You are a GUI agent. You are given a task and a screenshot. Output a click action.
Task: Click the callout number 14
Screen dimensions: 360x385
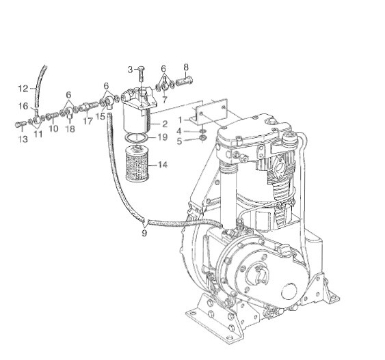pos(163,165)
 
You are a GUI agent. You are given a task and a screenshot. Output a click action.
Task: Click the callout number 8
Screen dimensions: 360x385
pos(185,67)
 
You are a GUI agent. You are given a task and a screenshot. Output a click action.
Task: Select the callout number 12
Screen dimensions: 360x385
pos(23,89)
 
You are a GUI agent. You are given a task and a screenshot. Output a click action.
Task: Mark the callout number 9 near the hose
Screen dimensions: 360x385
pos(144,233)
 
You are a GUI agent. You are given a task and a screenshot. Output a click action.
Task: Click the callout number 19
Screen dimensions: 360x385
pos(162,137)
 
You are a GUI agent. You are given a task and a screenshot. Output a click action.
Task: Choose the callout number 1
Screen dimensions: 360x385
pos(180,120)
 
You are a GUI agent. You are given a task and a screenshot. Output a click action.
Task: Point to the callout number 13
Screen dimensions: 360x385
pos(23,139)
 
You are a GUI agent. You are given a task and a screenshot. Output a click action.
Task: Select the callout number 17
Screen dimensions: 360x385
pos(88,122)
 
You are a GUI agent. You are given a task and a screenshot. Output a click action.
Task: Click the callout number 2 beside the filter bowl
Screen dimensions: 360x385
pos(165,123)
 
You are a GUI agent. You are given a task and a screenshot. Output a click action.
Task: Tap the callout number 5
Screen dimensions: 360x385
pos(180,141)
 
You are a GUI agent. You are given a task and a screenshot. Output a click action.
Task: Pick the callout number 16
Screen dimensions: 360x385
pos(23,106)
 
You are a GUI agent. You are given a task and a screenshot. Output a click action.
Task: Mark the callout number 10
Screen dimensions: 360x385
pos(53,129)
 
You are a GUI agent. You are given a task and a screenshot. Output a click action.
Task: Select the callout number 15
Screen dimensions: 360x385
pos(101,117)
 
